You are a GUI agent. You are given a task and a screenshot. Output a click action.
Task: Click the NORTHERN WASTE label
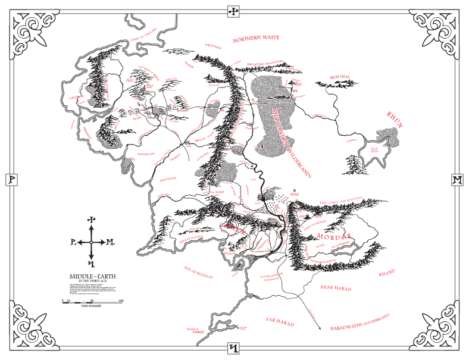pos(256,39)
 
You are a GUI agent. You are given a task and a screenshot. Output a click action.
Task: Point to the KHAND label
pos(387,273)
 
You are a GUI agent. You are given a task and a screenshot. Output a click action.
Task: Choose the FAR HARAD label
pos(280,320)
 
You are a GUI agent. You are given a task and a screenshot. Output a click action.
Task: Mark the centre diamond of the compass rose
pos(91,242)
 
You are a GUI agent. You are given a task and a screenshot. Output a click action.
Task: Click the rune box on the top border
pos(234,11)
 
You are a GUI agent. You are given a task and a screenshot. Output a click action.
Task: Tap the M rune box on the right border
pos(457,179)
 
